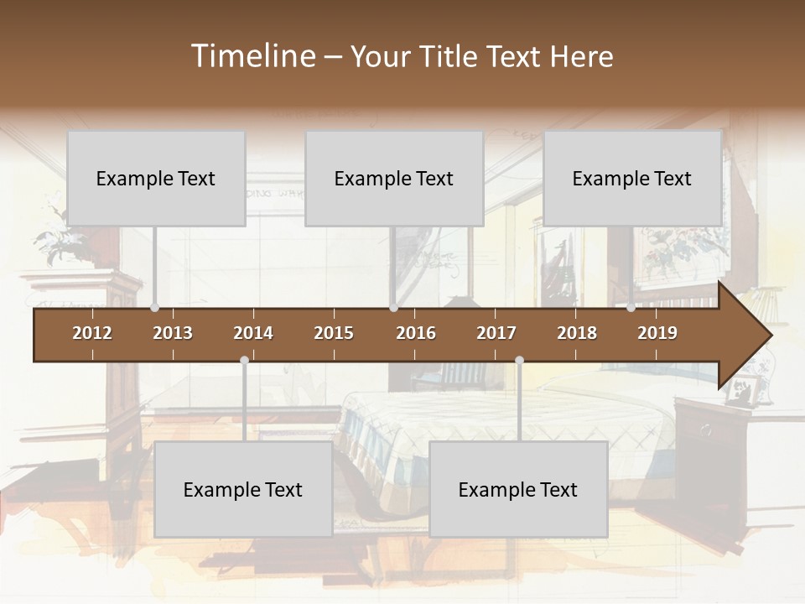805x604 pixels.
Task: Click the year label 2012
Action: click(x=92, y=333)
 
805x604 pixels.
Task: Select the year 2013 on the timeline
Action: click(x=173, y=333)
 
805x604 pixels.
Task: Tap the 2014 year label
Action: click(x=253, y=333)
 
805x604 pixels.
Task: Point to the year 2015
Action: click(x=334, y=333)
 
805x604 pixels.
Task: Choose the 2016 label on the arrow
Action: click(x=416, y=333)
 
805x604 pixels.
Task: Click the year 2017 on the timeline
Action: click(x=496, y=333)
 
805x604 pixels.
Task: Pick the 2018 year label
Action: click(x=577, y=333)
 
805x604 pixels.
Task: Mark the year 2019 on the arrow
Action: click(x=657, y=333)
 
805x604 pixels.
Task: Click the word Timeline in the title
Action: click(x=253, y=56)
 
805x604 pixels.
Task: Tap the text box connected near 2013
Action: click(x=156, y=178)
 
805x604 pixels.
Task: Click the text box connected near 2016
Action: click(x=394, y=178)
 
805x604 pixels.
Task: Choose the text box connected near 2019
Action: click(x=632, y=178)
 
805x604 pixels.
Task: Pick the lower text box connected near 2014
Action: click(x=243, y=489)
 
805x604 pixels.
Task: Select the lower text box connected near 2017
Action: click(x=518, y=489)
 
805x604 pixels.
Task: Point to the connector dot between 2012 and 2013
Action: click(x=154, y=308)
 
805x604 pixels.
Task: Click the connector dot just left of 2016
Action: click(x=393, y=308)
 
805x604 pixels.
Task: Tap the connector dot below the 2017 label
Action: click(x=519, y=361)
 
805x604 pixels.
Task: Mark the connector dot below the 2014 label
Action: click(x=244, y=361)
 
